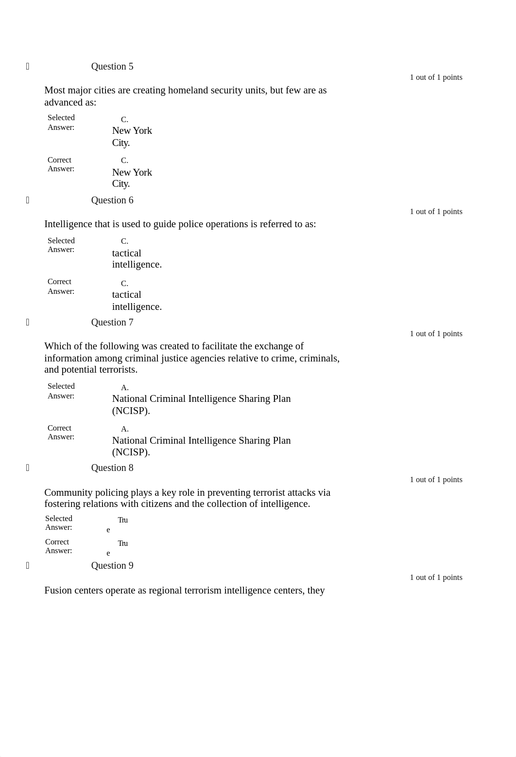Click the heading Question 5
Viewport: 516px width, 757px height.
[112, 66]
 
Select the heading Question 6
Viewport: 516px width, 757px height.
[112, 200]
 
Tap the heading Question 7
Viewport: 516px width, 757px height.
[112, 322]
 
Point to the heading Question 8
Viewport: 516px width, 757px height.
[112, 468]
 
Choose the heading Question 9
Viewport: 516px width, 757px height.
[112, 565]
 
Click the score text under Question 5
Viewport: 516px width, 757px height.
[436, 77]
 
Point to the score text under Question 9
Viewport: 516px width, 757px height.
[436, 577]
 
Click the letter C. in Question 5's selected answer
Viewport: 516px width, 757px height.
[124, 120]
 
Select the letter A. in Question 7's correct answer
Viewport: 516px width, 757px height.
[124, 429]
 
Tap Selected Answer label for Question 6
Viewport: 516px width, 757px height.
[61, 245]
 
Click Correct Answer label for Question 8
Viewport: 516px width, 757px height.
[58, 546]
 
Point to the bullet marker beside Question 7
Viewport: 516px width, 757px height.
[28, 322]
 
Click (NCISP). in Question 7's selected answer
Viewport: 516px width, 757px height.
[131, 411]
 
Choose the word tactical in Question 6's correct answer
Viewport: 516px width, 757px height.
[126, 294]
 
